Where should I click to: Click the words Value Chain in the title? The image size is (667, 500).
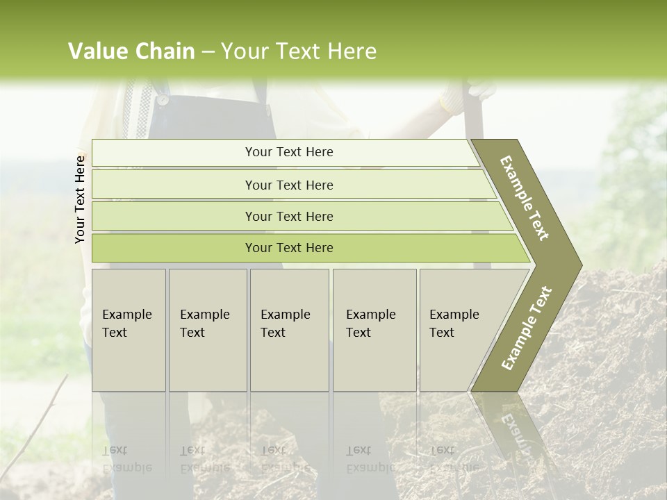pyautogui.click(x=131, y=51)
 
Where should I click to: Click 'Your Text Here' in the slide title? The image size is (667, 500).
pyautogui.click(x=298, y=51)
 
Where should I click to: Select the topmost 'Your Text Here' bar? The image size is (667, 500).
pyautogui.click(x=288, y=152)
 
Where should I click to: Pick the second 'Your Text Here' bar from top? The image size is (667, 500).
pyautogui.click(x=288, y=185)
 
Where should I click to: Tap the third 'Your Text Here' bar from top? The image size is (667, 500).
pyautogui.click(x=288, y=216)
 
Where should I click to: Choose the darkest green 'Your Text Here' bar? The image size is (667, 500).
pyautogui.click(x=288, y=248)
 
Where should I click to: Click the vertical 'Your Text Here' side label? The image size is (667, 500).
pyautogui.click(x=81, y=199)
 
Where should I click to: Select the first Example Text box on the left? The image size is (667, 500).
pyautogui.click(x=129, y=330)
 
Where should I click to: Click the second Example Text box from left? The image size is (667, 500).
pyautogui.click(x=208, y=330)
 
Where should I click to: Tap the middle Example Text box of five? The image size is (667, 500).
pyautogui.click(x=289, y=330)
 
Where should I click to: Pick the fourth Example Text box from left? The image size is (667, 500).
pyautogui.click(x=374, y=330)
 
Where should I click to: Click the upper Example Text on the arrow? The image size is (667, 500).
pyautogui.click(x=525, y=198)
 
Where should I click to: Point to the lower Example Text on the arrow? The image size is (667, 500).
pyautogui.click(x=526, y=328)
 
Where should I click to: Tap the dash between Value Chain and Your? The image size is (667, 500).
pyautogui.click(x=208, y=52)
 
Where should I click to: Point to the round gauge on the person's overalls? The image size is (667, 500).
pyautogui.click(x=162, y=100)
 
